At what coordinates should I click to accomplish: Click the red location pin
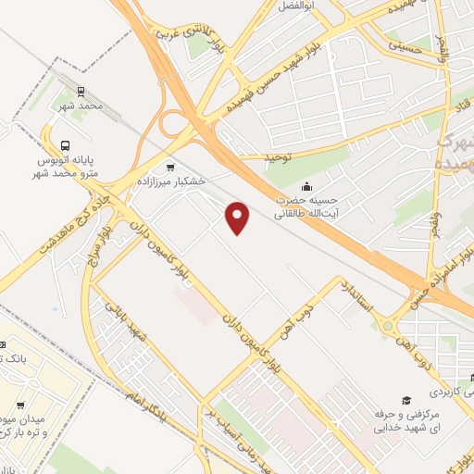pos(238,218)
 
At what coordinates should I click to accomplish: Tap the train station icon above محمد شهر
pos(81,92)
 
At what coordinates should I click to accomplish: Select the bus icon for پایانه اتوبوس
pos(65,145)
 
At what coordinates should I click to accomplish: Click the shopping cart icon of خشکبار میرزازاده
pos(169,167)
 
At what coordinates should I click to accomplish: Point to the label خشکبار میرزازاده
pos(170,182)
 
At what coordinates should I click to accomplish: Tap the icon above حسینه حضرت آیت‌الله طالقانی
pos(306,186)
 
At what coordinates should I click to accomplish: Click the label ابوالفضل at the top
pos(293,6)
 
